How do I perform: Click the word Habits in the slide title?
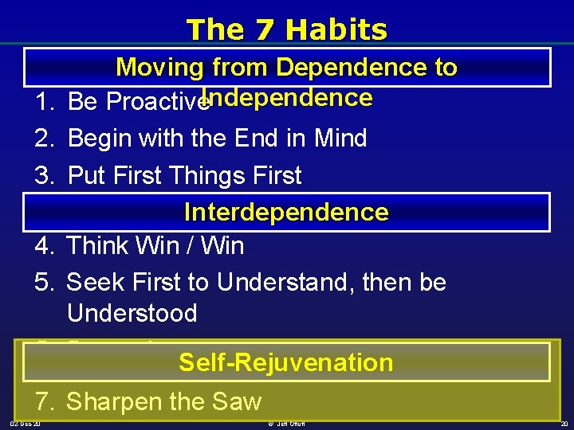pos(336,29)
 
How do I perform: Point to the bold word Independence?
pos(287,98)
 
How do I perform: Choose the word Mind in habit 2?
pos(339,139)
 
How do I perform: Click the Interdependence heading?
pos(286,212)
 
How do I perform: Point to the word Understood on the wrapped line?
pos(132,313)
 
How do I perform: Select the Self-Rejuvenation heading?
pos(286,362)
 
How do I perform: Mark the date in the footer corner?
pos(26,424)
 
